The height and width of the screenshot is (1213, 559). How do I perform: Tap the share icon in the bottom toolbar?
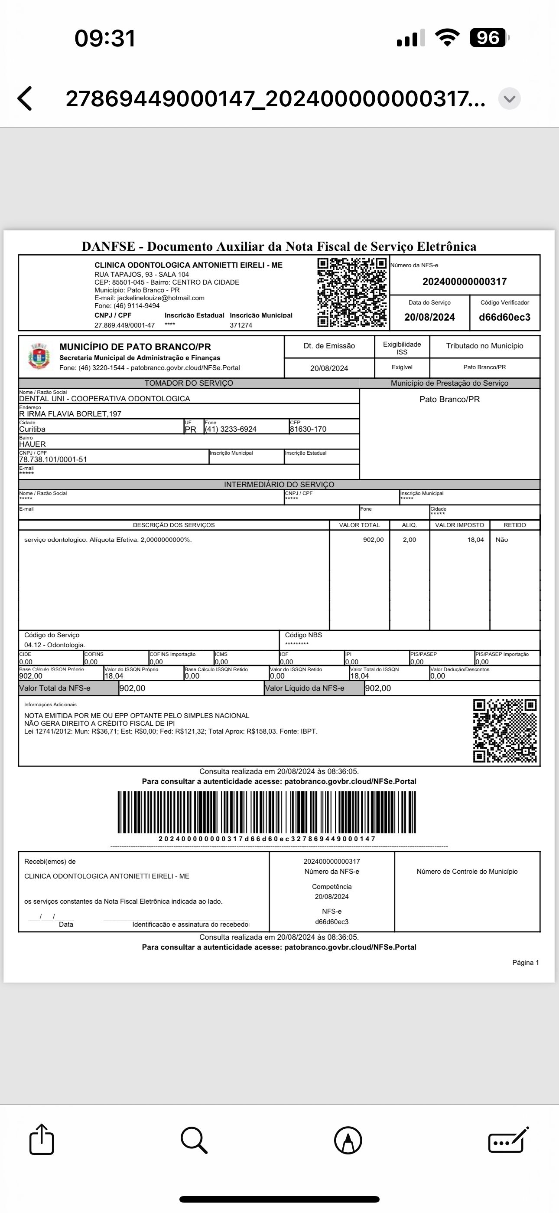coord(42,1140)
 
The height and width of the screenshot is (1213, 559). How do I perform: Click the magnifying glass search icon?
coord(193,1140)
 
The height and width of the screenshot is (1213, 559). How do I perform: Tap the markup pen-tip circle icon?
coord(348,1141)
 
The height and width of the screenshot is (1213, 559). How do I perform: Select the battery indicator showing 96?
coord(488,38)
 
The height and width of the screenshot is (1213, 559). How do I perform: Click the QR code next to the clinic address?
coord(351,292)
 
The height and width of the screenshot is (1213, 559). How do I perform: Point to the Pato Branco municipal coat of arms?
coord(39,357)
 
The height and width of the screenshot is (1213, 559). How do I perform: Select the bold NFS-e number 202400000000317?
coord(465,282)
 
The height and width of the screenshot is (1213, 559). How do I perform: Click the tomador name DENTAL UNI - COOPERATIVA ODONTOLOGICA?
coord(104,398)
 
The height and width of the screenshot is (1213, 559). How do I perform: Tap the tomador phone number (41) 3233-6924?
coord(231,429)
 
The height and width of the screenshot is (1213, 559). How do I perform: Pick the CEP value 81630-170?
coord(308,429)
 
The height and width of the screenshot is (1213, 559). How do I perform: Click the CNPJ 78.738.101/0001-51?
coord(53,459)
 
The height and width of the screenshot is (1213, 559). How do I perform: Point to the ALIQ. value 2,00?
coord(409,540)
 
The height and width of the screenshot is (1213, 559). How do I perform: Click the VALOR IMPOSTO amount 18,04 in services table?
coord(475,540)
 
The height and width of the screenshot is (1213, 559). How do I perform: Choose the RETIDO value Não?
coord(502,540)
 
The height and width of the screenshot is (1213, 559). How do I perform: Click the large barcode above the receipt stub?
coord(267,812)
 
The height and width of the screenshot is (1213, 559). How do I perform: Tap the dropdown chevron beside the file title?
coord(509,99)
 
